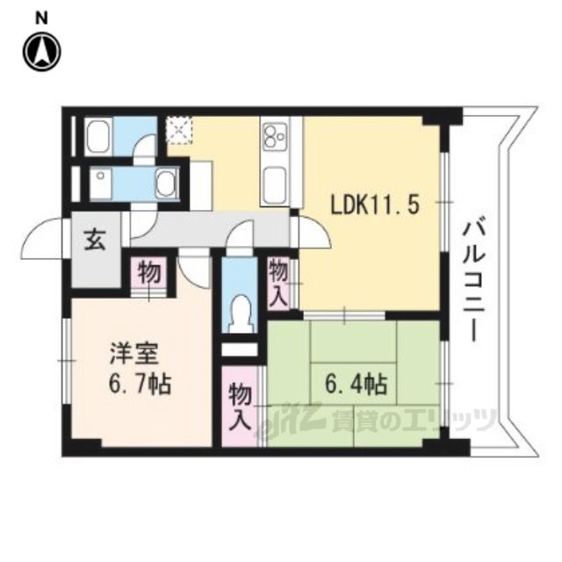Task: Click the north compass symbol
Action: tap(42, 52)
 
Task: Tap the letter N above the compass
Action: tap(42, 18)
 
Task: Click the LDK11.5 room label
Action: tap(375, 206)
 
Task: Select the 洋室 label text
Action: tap(133, 354)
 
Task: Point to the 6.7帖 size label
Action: tap(140, 383)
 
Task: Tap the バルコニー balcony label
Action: tap(473, 281)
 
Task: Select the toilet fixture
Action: tap(240, 313)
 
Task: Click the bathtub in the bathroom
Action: tap(99, 138)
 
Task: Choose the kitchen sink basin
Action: tap(275, 184)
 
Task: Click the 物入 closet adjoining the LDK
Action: tap(279, 284)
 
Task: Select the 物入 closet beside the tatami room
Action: tap(240, 407)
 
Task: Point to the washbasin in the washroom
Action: tap(166, 183)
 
